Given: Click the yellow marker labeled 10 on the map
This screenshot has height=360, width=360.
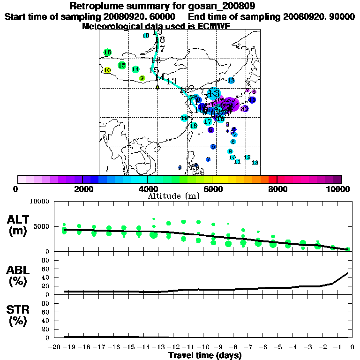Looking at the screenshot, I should pos(107,70).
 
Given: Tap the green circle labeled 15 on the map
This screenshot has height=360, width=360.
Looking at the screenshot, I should pos(122,65).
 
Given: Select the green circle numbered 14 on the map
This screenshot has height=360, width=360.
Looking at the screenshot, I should pos(135,69).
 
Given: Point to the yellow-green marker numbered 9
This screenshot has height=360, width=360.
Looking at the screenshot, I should pos(142,78).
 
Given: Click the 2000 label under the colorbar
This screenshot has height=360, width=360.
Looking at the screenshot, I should pos(82,189).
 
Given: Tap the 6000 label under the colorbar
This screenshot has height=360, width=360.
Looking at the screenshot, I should pos(212,189).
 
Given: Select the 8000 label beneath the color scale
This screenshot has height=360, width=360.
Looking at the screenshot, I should pos(277,189).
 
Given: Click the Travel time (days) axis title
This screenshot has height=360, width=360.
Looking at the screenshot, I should pos(205,356).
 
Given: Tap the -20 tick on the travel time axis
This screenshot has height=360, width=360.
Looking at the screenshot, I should pos(55,347).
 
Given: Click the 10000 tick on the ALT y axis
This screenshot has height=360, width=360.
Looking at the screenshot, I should pos(39,202).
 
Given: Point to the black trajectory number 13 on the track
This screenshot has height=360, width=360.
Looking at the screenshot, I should pos(172,81).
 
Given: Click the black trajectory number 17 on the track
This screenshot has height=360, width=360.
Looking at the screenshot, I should pos(160,49).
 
